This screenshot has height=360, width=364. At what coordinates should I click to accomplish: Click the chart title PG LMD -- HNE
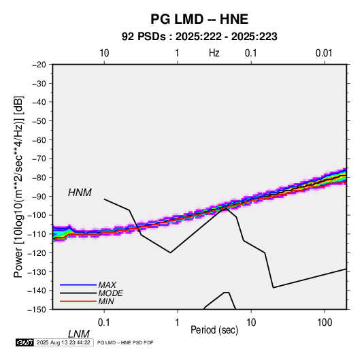tap(199, 19)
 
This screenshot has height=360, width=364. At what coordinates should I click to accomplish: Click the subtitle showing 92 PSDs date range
tap(199, 37)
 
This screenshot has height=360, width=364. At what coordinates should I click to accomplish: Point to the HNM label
tap(80, 193)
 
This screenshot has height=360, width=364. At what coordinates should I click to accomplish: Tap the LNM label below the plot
tap(78, 334)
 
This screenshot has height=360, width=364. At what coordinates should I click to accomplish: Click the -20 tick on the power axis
tap(39, 65)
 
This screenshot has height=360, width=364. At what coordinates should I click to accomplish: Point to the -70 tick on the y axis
tap(39, 159)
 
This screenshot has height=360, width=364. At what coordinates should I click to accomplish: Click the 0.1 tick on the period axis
tap(104, 323)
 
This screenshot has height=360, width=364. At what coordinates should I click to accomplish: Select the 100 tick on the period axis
tap(325, 323)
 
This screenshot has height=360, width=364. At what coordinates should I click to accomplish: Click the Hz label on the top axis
tap(214, 53)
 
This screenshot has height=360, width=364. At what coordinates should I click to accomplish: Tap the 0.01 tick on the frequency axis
tap(324, 53)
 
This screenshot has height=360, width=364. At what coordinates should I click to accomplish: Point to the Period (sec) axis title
tap(214, 330)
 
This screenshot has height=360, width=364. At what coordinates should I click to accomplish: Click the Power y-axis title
tap(18, 187)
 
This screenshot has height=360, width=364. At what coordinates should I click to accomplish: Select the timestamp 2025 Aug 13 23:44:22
tap(63, 342)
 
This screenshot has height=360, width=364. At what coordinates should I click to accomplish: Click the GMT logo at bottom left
tap(24, 342)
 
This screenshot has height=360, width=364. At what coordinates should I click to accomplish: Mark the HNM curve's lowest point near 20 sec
tap(274, 288)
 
